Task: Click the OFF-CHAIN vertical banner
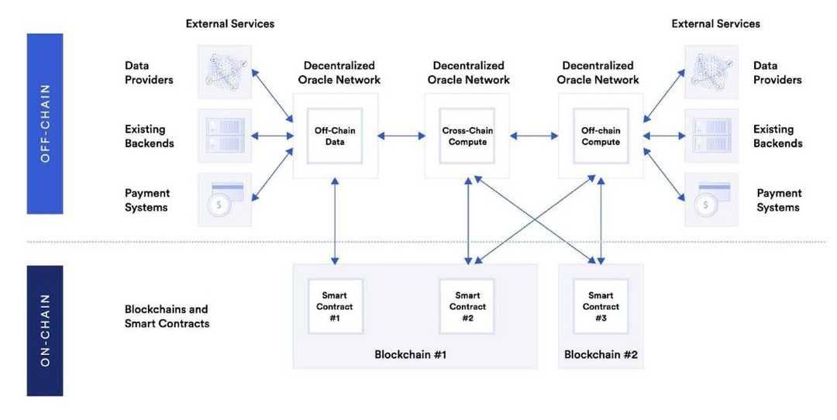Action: [44, 123]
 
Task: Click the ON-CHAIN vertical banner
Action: [44, 330]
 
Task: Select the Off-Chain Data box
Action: [335, 136]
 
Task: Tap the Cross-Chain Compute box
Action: [467, 136]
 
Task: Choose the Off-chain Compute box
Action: [601, 136]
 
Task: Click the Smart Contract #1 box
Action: [335, 306]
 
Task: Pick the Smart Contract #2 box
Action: [467, 306]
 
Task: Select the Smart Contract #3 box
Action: [601, 306]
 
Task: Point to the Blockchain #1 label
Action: [410, 355]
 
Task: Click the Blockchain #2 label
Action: [601, 355]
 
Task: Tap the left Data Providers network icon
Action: [225, 72]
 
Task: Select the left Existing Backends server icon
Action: [225, 136]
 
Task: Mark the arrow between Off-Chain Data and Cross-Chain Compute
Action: [401, 136]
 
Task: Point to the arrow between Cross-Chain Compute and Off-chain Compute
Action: [534, 136]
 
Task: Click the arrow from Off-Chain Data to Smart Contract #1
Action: [335, 221]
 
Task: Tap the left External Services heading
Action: [229, 24]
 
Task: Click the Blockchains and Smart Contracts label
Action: [167, 316]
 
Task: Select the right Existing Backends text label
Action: [777, 136]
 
